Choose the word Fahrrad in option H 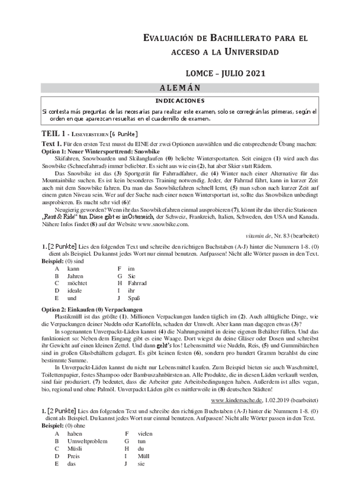(x=138, y=283)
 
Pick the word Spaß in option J (x=134, y=299)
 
